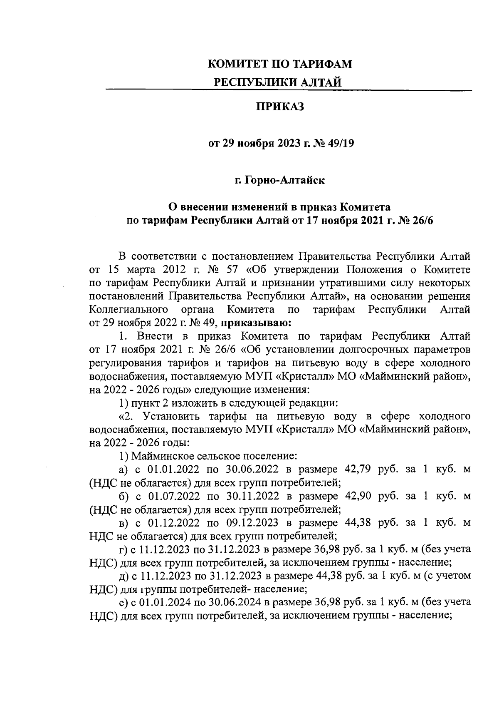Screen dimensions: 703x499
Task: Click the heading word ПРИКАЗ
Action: coord(280,107)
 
